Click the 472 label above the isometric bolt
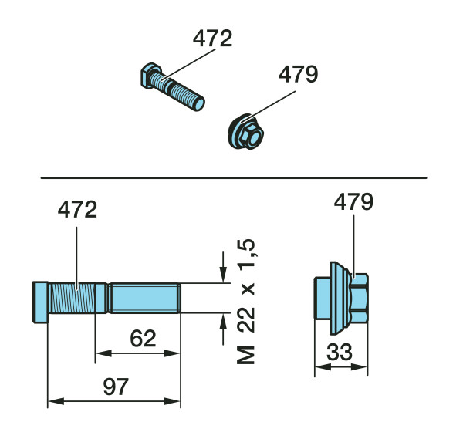(x=213, y=38)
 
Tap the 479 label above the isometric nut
(x=298, y=74)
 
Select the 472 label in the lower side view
(x=77, y=209)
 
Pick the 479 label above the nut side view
(x=353, y=201)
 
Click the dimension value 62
(x=143, y=339)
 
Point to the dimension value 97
(x=116, y=387)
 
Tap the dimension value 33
(x=340, y=352)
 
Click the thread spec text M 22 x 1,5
(x=245, y=301)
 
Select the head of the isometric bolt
(x=150, y=76)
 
